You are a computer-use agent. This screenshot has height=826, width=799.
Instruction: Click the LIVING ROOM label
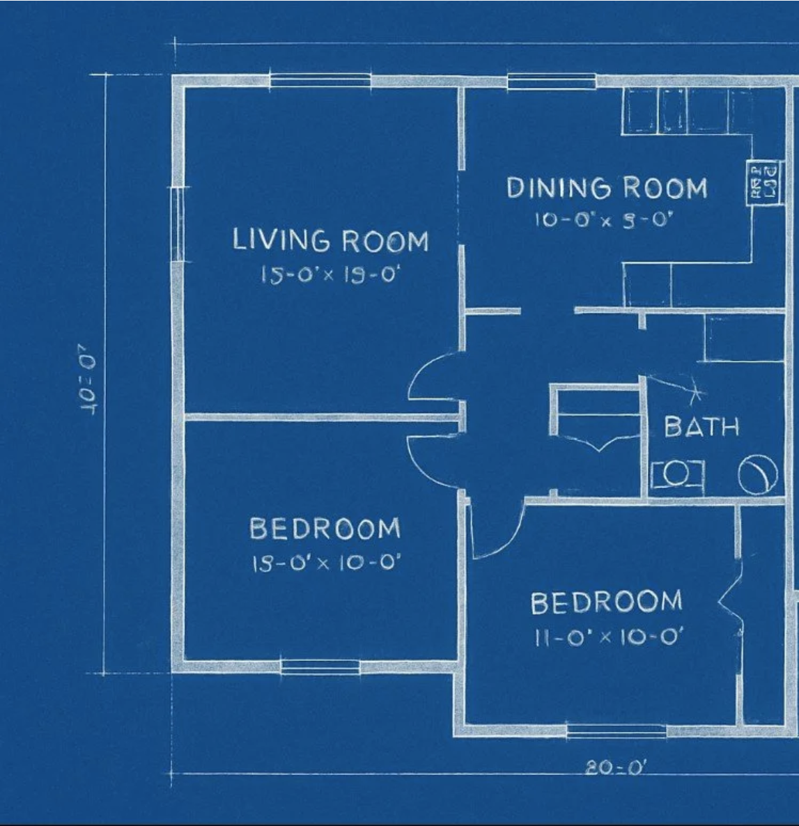330,240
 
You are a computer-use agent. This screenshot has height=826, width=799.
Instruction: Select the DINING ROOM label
606,188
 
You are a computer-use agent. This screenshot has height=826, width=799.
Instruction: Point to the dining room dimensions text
605,220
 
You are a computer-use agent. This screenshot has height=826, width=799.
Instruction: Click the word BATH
701,426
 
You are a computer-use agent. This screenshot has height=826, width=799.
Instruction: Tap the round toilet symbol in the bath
758,474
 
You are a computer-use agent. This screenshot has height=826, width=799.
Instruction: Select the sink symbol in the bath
677,474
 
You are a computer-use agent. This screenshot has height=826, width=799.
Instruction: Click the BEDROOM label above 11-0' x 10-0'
606,602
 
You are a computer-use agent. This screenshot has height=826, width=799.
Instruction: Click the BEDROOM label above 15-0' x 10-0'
325,529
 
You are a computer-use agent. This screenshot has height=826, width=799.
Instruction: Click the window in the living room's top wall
320,81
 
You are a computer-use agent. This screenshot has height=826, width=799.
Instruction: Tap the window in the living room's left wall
179,224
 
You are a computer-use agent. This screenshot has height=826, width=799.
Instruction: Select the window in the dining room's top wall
552,81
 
